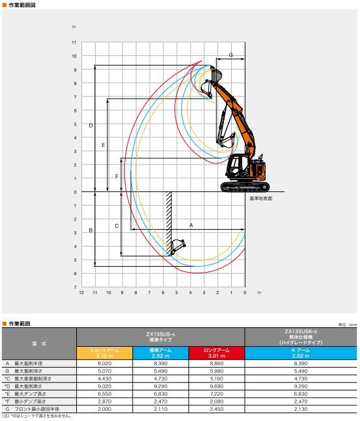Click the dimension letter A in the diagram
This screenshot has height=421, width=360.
[x=191, y=224]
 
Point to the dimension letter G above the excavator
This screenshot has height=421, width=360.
[x=230, y=55]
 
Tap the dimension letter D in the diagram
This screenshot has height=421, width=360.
[x=90, y=125]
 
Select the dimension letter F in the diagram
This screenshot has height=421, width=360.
[x=117, y=176]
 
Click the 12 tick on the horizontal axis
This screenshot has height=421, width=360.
[x=81, y=293]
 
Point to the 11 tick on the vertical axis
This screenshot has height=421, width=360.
[x=74, y=42]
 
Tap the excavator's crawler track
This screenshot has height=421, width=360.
[x=244, y=187]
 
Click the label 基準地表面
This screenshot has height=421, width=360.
[x=260, y=198]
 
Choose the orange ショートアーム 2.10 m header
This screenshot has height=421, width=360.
[x=104, y=353]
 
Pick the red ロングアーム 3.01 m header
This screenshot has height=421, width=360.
[x=216, y=353]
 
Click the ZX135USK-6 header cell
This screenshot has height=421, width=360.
[x=301, y=336]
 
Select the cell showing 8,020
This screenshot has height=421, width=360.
[x=104, y=364]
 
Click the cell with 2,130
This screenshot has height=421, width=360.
[x=301, y=409]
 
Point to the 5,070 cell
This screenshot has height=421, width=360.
[x=104, y=371]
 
